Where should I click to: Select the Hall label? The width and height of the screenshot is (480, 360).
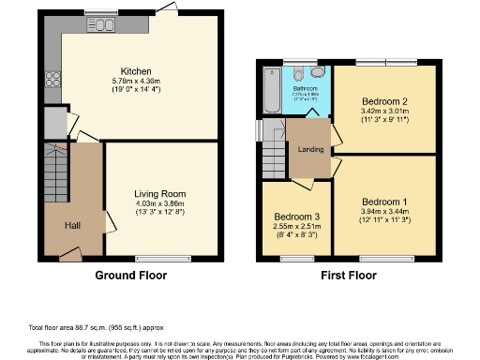coord(72,226)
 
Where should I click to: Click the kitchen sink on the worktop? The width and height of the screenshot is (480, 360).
coord(103,23)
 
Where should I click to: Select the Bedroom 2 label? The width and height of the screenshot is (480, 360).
coord(385,100)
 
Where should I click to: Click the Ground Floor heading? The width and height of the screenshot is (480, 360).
coord(131,276)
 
